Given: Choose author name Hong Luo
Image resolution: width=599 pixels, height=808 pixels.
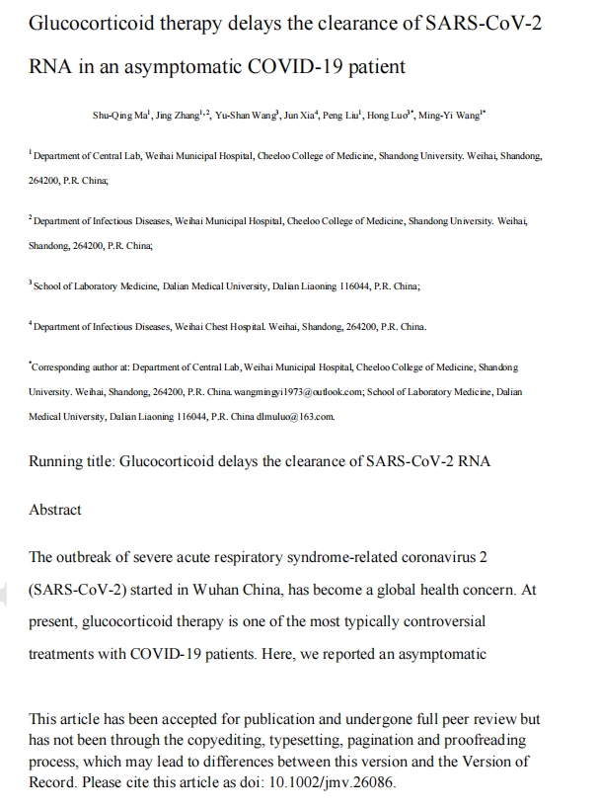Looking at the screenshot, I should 390,117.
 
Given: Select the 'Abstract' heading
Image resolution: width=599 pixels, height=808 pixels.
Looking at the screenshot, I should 55,510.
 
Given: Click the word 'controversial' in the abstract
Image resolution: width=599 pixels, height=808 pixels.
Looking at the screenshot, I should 441,622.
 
